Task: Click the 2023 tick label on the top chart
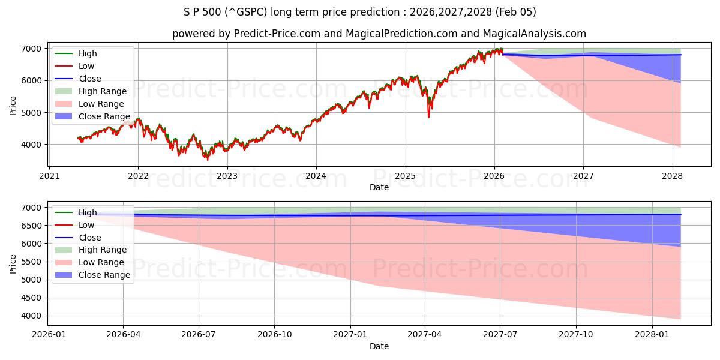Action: [227, 176]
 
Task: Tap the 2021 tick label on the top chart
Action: [49, 176]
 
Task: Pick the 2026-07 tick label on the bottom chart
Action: [199, 335]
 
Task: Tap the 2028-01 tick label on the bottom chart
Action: [652, 335]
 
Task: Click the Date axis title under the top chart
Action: [379, 187]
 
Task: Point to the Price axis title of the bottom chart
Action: [13, 263]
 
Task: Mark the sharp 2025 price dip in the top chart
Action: [428, 116]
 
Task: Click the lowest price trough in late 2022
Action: [208, 159]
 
